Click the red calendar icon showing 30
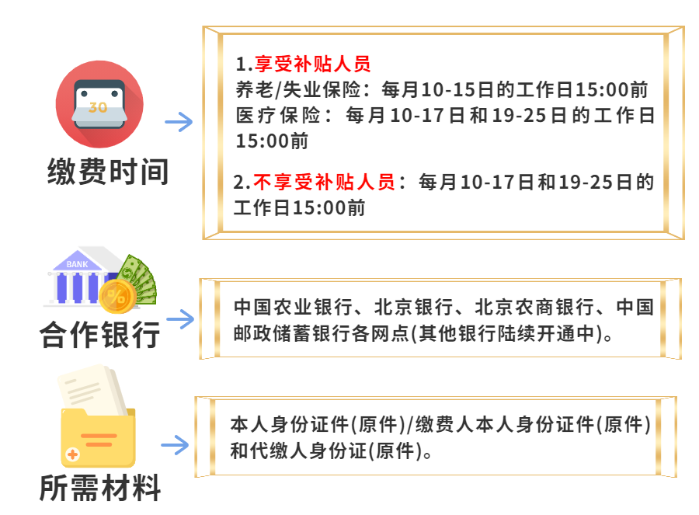pos(99,104)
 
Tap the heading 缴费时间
pos(108,172)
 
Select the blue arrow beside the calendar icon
pos(179,122)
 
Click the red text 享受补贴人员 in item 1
pos(312,64)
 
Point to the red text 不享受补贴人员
pos(324,183)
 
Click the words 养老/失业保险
pos(298,90)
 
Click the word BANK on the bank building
pos(77,264)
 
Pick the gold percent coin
pos(116,296)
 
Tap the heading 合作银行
pos(100,335)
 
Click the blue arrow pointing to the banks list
pos(180,319)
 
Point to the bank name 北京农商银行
pos(534,308)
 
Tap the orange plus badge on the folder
pos(72,454)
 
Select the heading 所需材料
pos(100,488)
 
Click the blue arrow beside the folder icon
pos(175,445)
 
